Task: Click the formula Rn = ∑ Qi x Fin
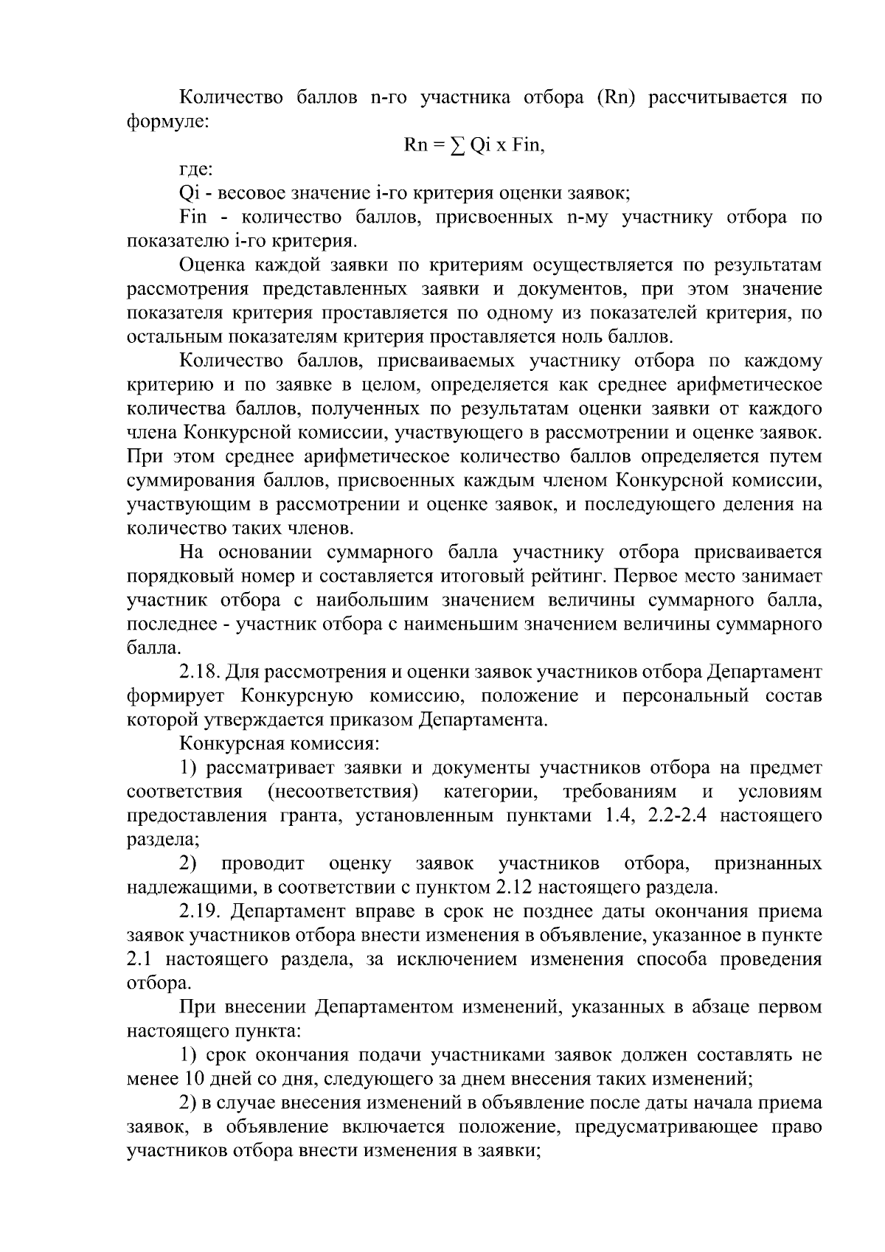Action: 475,145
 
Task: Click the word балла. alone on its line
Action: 153,648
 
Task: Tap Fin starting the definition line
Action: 193,218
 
